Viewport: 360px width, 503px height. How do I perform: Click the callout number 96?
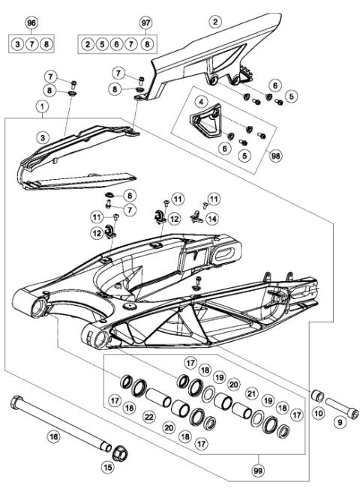coord(31,23)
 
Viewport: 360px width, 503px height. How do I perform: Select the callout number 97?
coord(145,23)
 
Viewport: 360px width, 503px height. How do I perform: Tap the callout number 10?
coord(319,414)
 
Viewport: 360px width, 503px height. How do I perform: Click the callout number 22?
coord(150,417)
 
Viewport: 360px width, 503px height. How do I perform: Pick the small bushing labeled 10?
coord(316,395)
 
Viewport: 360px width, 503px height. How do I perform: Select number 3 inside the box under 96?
coord(17,45)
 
